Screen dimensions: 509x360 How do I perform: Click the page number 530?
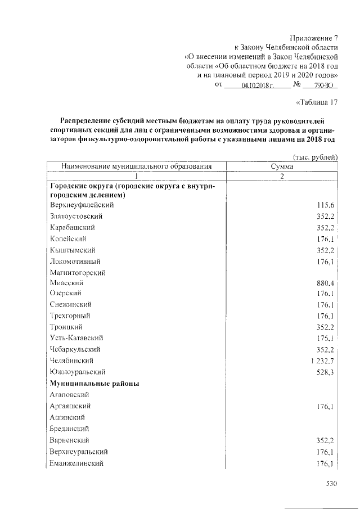click(x=331, y=483)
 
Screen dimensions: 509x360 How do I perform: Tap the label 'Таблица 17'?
click(x=316, y=102)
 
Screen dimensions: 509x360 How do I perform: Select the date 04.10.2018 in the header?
click(x=257, y=85)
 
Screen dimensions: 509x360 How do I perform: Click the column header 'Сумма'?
click(x=283, y=166)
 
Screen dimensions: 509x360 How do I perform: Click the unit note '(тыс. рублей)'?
click(x=316, y=157)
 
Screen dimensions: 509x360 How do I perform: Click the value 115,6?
click(x=326, y=205)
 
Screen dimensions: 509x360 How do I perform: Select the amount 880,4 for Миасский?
click(x=326, y=283)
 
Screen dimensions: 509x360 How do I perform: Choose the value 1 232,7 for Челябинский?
click(x=322, y=361)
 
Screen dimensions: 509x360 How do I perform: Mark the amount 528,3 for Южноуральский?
click(x=326, y=372)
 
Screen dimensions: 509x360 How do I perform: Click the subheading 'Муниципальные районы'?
click(x=95, y=383)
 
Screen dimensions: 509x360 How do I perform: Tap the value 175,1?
click(x=326, y=338)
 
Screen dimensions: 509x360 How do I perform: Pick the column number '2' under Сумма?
click(x=283, y=175)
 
